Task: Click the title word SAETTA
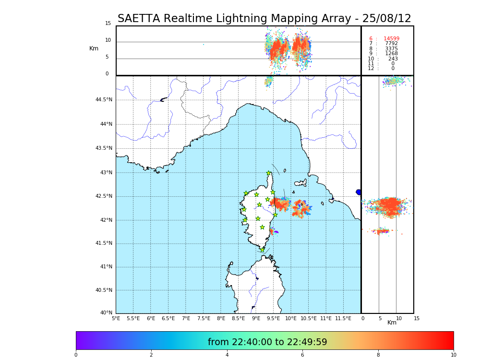pos(139,19)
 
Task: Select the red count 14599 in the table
pos(391,39)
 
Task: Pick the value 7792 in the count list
pos(391,44)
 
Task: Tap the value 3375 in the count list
pos(391,49)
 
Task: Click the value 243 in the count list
pos(393,59)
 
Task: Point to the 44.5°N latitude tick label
pos(104,100)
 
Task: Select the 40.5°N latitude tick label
pos(104,290)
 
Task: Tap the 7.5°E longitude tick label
pos(204,318)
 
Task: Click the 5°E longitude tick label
pos(116,318)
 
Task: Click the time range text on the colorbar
pos(267,342)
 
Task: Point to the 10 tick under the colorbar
pos(453,355)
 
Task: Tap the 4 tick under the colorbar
pos(227,355)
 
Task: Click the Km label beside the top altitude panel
pos(94,48)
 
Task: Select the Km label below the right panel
pos(392,323)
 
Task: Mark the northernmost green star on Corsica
pos(269,173)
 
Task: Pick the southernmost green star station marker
pos(262,250)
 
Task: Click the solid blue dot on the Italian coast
pos(359,192)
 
